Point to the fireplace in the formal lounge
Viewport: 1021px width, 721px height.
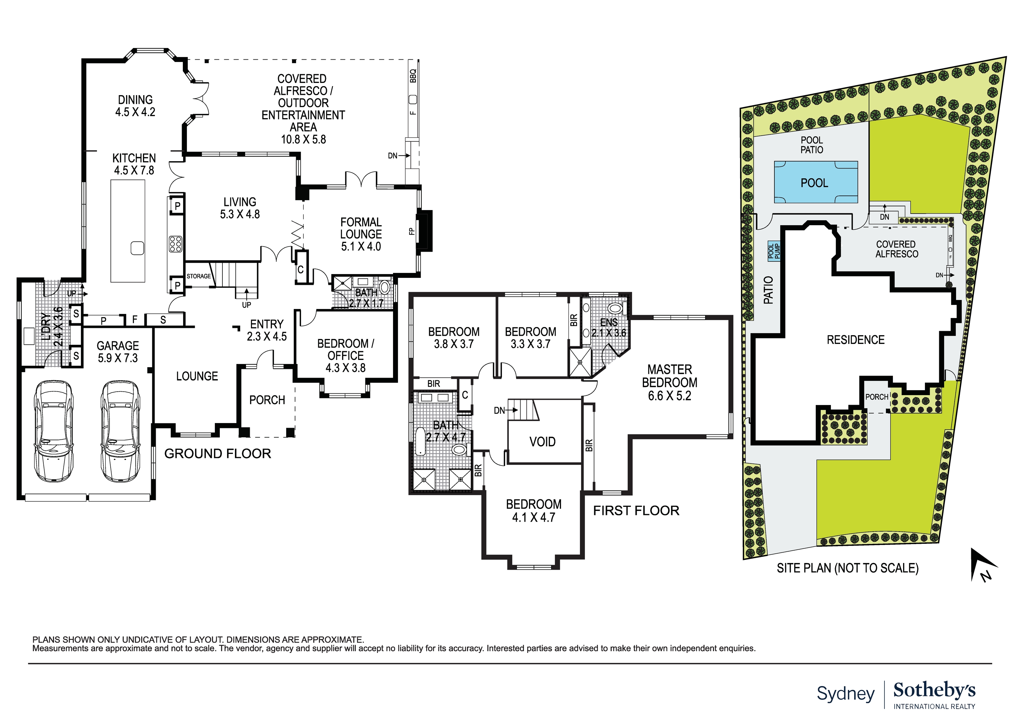point(424,231)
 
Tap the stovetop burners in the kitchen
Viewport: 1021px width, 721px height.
point(176,244)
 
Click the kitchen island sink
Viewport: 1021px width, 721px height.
point(137,248)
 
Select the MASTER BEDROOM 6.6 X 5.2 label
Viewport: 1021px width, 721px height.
point(669,382)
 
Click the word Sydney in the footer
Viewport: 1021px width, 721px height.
point(845,693)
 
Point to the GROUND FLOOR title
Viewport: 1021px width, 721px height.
point(217,454)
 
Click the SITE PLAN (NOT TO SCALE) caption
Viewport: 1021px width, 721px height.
point(847,568)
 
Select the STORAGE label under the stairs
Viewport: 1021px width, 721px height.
point(198,276)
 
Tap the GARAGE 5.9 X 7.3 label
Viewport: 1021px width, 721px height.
point(118,351)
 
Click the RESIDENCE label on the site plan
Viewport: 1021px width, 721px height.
point(855,340)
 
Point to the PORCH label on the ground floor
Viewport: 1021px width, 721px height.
point(267,400)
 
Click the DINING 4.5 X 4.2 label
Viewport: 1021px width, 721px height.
point(135,106)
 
